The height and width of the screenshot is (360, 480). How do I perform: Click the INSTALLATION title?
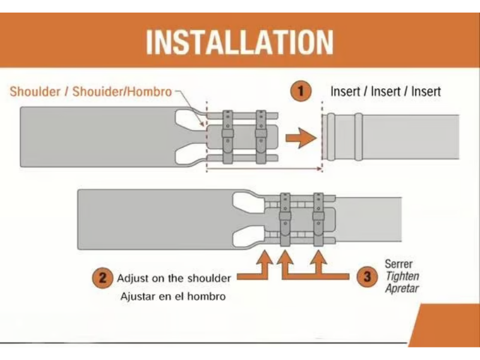point(239,42)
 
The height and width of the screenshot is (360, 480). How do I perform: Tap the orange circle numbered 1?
point(301,91)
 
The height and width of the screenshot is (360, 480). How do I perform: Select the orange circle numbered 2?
point(102,278)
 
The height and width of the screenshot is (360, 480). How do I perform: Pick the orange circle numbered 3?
point(367,277)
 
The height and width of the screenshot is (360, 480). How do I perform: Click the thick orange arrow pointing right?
point(301,138)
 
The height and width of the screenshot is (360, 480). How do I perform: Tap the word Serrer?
point(398,264)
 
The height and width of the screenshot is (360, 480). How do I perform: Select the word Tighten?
point(402,276)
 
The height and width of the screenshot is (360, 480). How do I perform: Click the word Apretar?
point(402,289)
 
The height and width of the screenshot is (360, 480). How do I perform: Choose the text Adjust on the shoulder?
point(174,278)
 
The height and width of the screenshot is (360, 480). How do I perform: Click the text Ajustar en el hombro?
point(173,296)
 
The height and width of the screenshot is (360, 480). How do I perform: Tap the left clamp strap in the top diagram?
point(227,137)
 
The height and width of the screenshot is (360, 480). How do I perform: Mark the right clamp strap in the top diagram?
point(261,137)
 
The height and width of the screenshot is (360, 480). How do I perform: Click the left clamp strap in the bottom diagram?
point(285,220)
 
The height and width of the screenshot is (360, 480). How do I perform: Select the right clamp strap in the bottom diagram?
point(319,220)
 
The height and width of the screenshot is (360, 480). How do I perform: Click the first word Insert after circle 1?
point(346,92)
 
